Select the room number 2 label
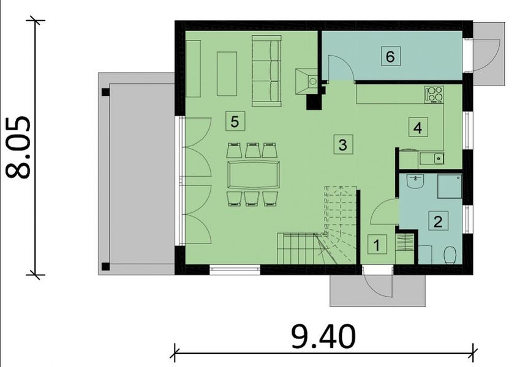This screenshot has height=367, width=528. point(437,221)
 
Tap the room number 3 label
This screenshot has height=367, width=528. point(343,145)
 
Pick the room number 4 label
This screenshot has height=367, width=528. point(418,128)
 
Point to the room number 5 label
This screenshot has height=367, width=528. point(234,120)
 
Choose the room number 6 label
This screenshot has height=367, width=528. point(390,56)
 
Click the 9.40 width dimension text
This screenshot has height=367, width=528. point(323,337)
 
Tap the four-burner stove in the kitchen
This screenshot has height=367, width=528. point(434,94)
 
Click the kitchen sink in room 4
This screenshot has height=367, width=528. point(437,158)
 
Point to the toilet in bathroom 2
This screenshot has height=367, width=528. point(450,254)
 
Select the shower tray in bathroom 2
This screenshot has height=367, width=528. point(449,186)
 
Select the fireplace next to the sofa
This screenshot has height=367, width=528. point(306,80)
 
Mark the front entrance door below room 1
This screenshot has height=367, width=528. point(376,283)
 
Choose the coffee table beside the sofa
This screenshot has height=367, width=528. point(227,73)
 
